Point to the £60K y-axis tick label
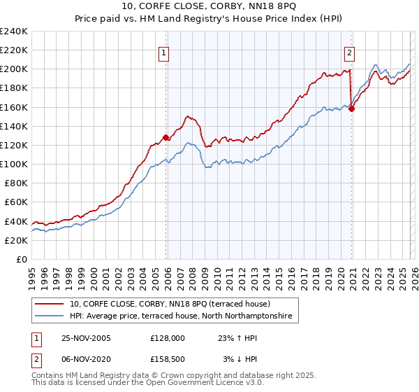coord(15,202)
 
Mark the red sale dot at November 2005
coord(166,138)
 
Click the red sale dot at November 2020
coord(351,108)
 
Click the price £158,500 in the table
coord(168,359)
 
